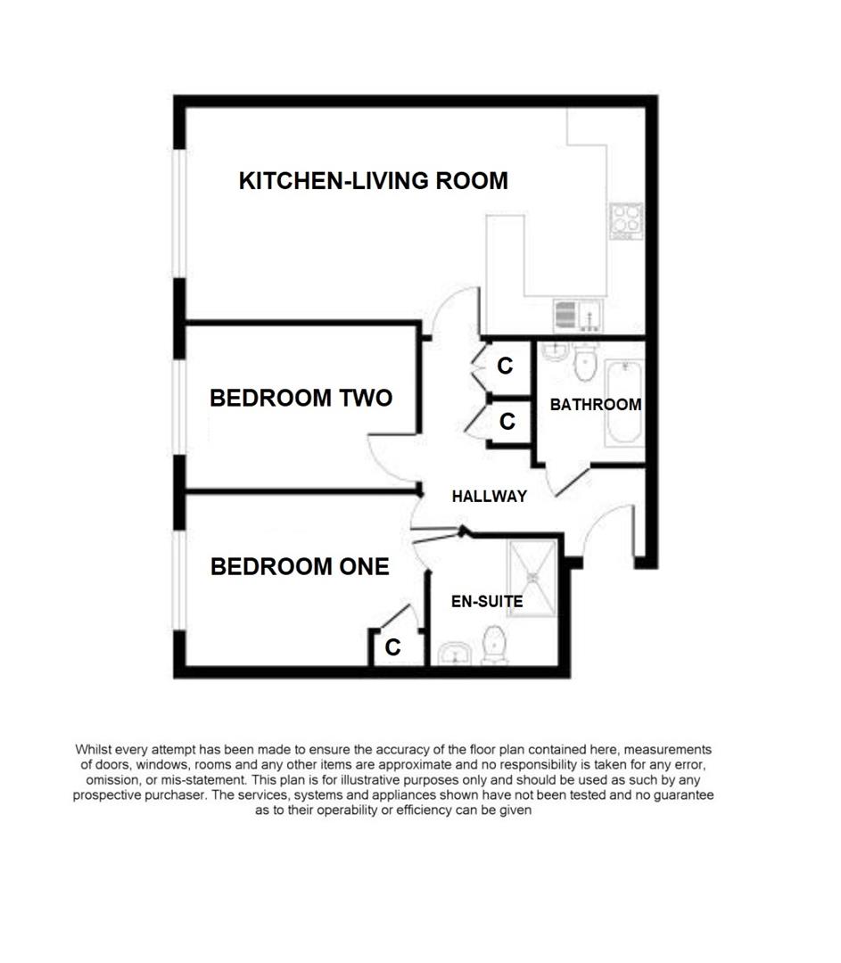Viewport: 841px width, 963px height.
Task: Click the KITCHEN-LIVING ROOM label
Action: (x=373, y=181)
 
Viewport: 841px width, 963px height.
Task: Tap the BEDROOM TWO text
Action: (x=301, y=398)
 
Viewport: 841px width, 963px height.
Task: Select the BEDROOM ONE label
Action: (x=300, y=566)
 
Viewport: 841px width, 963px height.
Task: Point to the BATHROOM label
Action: (x=595, y=404)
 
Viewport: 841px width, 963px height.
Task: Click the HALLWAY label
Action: (x=489, y=497)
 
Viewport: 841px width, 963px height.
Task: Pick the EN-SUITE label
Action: (x=486, y=602)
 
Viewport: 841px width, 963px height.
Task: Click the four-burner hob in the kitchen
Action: (x=626, y=218)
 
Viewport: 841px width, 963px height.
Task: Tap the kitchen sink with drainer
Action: (x=578, y=313)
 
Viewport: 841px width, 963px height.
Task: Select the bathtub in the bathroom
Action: (x=623, y=403)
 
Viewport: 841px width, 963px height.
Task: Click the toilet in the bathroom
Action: (x=586, y=361)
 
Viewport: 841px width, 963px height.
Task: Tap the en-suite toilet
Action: (x=494, y=646)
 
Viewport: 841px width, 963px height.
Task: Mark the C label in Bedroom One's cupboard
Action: (x=392, y=648)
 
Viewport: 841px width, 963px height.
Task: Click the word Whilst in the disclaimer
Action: (x=95, y=750)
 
